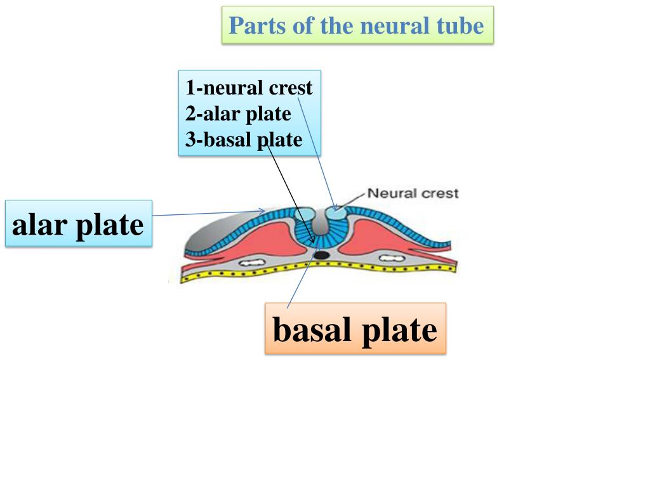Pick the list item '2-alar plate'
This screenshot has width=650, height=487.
pos(238,114)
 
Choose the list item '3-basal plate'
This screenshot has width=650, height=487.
pos(244,140)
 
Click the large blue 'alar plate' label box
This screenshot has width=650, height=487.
pos(79,224)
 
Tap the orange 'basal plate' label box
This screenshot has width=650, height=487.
pos(355,328)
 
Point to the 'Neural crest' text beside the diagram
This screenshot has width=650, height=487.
pos(413,193)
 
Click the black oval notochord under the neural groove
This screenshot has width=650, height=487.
pos(322,255)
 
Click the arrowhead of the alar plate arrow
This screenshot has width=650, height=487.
pos(262,211)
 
